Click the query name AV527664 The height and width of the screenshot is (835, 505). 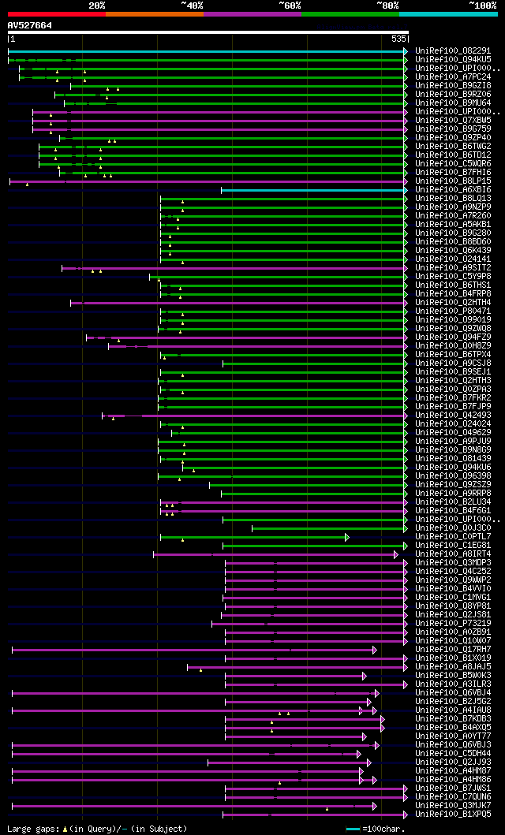coord(30,25)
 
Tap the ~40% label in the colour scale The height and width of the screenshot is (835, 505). coord(192,5)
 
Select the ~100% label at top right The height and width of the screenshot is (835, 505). coord(482,5)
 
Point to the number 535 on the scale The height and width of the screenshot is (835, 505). coord(398,39)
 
